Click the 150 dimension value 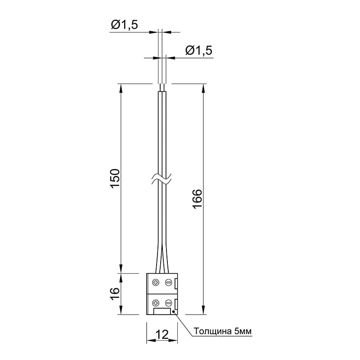coord(116,178)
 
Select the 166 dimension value coord(197,199)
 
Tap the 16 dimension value coord(115,294)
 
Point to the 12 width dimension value coord(162,334)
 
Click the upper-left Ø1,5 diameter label coord(125,25)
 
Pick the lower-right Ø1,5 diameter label coord(199,50)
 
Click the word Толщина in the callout coord(212,331)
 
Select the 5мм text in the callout coord(243,331)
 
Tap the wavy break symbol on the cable coord(162,179)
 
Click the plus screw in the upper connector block coord(156,283)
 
